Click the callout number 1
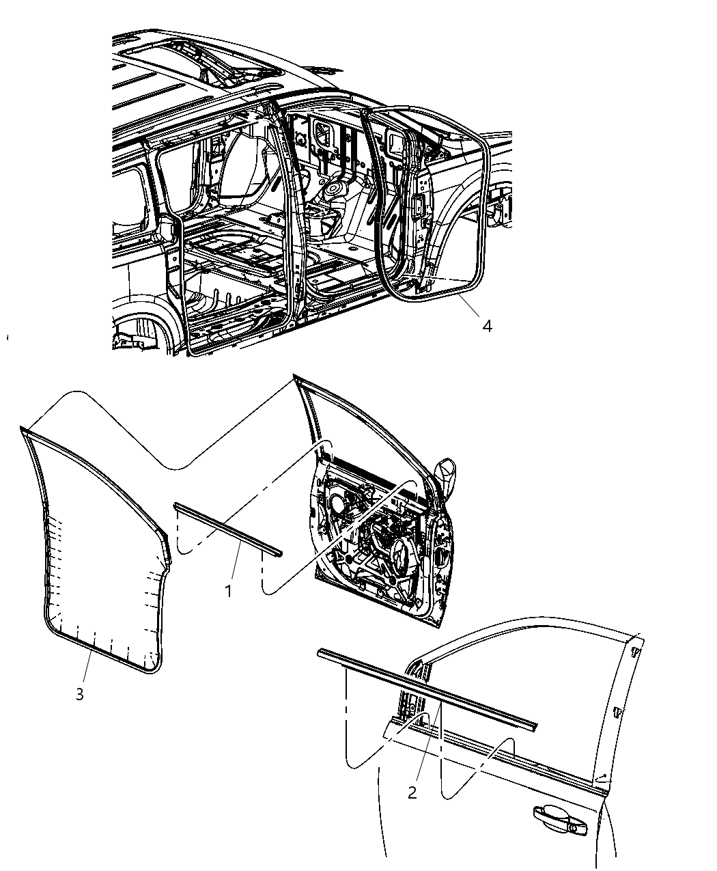pos(229,591)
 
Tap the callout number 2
pos(412,792)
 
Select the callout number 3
pos(80,694)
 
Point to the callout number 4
pos(486,327)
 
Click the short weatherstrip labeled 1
pos(227,528)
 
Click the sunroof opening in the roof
pos(198,55)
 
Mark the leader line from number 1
pos(236,560)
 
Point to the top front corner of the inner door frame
pos(296,378)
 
